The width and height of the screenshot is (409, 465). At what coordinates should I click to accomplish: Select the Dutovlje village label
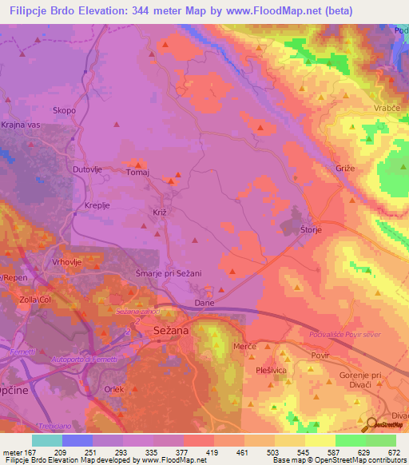coord(89,170)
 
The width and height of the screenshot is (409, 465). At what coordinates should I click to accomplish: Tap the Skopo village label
coord(64,110)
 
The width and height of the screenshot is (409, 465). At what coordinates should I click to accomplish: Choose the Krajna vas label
coord(19,129)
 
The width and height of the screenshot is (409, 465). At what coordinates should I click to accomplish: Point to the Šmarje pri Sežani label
coord(173,273)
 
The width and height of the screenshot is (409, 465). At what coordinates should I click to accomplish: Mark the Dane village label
coord(204,304)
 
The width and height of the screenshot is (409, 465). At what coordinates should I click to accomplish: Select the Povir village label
coord(320,351)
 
